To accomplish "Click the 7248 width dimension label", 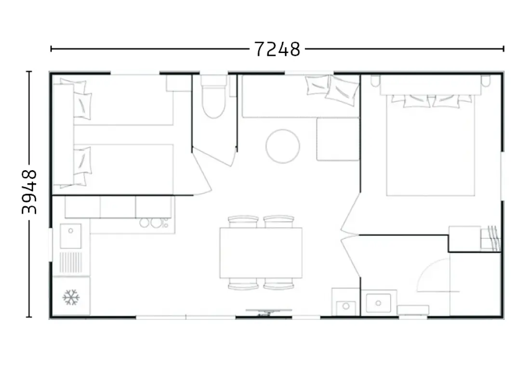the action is pyautogui.click(x=277, y=49).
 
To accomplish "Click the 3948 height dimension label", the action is pyautogui.click(x=29, y=192).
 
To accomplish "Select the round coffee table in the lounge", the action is pyautogui.click(x=282, y=147).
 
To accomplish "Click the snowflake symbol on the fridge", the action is pyautogui.click(x=71, y=297).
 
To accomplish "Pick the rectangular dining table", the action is pyautogui.click(x=261, y=253).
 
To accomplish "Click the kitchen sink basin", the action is pyautogui.click(x=71, y=236).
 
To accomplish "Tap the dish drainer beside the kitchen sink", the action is pyautogui.click(x=71, y=262).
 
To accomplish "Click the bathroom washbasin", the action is pyautogui.click(x=379, y=303).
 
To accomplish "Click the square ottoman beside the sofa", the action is pyautogui.click(x=338, y=139).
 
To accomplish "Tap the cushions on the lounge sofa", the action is pyautogui.click(x=332, y=88).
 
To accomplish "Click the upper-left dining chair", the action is pyautogui.click(x=243, y=222).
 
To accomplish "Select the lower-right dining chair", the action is pyautogui.click(x=279, y=284).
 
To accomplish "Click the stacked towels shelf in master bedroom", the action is pyautogui.click(x=490, y=239).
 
